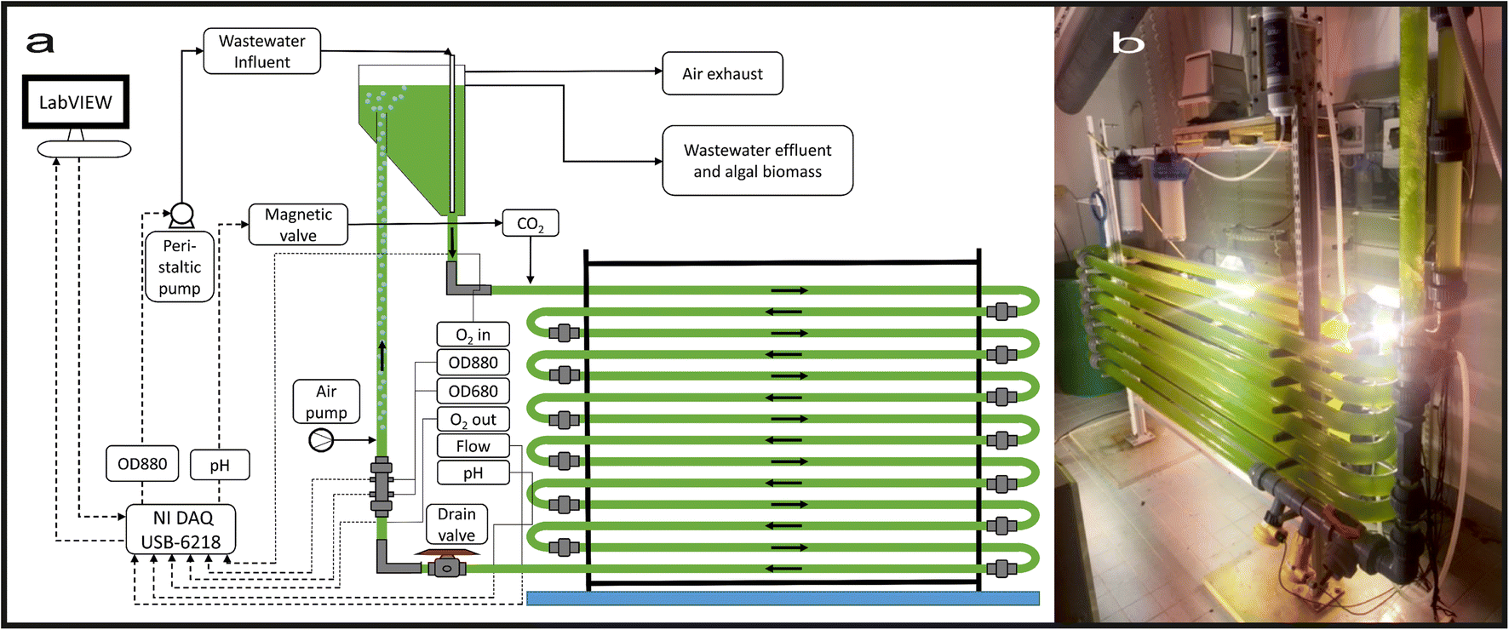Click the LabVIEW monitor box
[x=76, y=102]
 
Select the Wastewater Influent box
[x=262, y=51]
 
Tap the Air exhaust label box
[x=722, y=74]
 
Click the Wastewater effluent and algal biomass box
[x=757, y=161]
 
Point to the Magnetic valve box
[x=298, y=225]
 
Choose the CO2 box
[x=530, y=223]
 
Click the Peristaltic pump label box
[x=180, y=267]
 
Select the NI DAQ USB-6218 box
[x=181, y=530]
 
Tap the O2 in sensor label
[x=473, y=335]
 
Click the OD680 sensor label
[x=473, y=391]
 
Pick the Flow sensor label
[x=473, y=446]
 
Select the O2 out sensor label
[x=473, y=419]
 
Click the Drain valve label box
[x=456, y=524]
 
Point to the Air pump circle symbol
[x=321, y=440]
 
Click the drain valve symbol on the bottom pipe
[x=445, y=567]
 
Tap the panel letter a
[x=39, y=43]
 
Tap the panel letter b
[x=1127, y=43]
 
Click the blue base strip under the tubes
[x=783, y=598]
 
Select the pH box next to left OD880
[x=220, y=465]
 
